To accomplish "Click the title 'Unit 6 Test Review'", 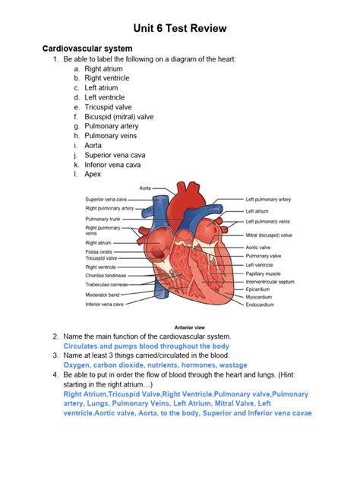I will click(180, 28).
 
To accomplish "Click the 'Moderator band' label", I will click(101, 294).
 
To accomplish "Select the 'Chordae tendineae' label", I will click(106, 276).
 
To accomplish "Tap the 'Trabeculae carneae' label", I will click(106, 285).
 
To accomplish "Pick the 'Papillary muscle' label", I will click(263, 273).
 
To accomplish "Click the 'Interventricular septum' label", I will click(270, 281).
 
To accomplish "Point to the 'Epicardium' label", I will click(257, 289).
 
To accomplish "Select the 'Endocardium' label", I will click(259, 305).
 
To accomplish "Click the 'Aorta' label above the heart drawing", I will click(144, 187).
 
